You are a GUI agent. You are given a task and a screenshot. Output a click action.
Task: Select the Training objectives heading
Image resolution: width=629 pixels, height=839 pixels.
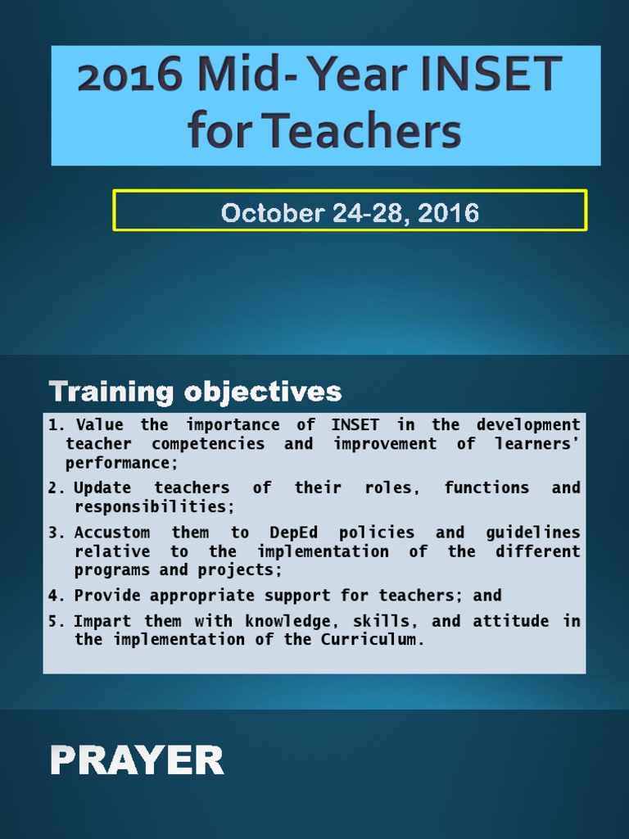[x=195, y=392]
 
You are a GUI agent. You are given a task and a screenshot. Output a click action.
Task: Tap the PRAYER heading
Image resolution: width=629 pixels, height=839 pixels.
[x=137, y=761]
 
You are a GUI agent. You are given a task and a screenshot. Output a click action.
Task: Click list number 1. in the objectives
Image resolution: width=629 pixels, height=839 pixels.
[x=57, y=424]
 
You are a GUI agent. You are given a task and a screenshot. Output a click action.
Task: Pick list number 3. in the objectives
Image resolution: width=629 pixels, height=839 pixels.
[x=57, y=533]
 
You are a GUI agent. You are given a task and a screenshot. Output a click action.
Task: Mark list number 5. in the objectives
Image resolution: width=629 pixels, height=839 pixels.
[x=57, y=621]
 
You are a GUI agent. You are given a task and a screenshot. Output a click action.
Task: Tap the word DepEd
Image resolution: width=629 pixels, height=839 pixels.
[x=296, y=533]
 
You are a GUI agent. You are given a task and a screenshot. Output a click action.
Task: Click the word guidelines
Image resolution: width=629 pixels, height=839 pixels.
[x=532, y=533]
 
